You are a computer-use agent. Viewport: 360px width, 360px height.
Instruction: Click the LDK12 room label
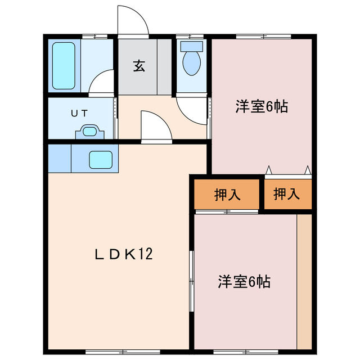(123, 255)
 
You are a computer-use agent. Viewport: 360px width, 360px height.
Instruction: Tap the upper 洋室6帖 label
(261, 106)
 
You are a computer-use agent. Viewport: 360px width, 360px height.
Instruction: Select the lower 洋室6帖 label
(244, 281)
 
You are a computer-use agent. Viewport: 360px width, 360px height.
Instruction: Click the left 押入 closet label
(227, 195)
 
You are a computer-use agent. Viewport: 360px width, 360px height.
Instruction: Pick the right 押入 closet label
(287, 195)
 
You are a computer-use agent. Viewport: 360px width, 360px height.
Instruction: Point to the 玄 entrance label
(139, 66)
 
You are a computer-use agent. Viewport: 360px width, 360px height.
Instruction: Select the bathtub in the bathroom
(64, 66)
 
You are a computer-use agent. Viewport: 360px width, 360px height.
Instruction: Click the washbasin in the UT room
(89, 132)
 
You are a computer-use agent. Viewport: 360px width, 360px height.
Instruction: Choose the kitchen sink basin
(102, 160)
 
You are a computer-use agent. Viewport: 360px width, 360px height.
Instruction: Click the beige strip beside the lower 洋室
(304, 281)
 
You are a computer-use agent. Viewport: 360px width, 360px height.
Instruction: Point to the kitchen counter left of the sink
(59, 159)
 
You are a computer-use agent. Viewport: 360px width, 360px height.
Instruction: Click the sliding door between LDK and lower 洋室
(192, 281)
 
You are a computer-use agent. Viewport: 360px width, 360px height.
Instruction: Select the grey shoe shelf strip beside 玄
(164, 66)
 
